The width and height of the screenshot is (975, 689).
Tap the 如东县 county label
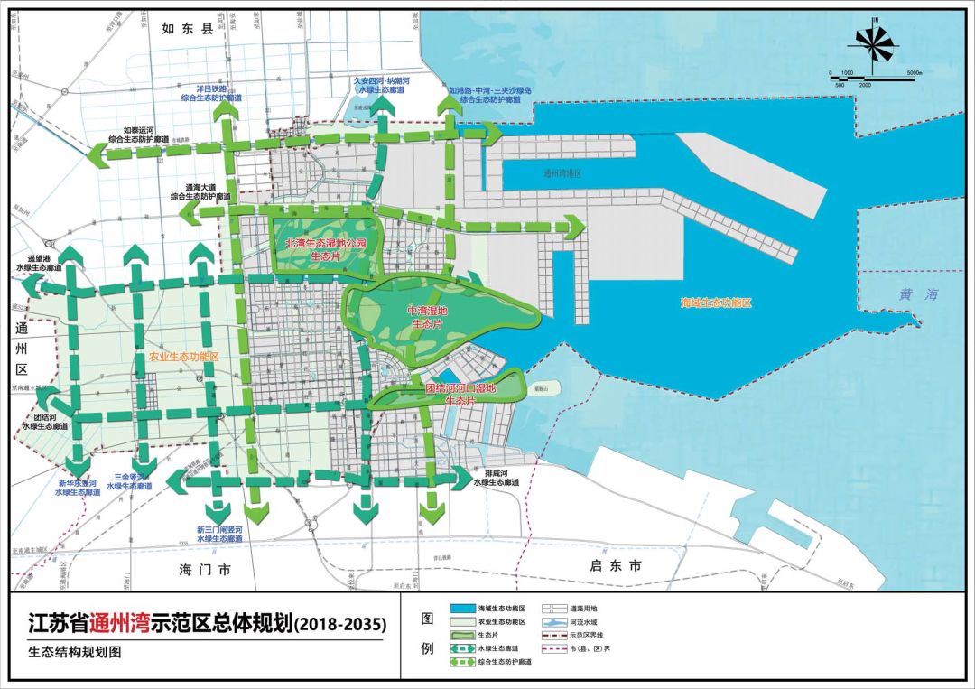(x=186, y=29)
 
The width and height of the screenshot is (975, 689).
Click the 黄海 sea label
(x=919, y=294)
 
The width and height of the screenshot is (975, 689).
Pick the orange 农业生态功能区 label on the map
(x=184, y=357)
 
